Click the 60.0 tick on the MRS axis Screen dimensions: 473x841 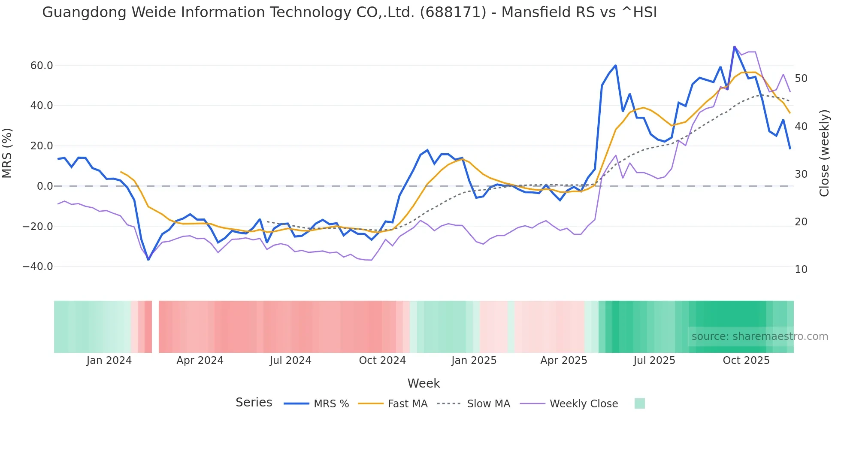click(x=42, y=66)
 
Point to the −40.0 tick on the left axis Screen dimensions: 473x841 click(x=38, y=267)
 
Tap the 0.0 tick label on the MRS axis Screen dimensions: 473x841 click(x=45, y=186)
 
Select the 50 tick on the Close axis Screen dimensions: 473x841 click(x=801, y=79)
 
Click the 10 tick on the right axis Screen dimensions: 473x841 click(x=801, y=270)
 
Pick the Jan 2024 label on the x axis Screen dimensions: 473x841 click(x=109, y=361)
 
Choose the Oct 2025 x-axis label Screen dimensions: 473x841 click(x=746, y=361)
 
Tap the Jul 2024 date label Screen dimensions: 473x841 click(x=290, y=361)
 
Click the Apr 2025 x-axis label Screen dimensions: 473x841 click(x=564, y=361)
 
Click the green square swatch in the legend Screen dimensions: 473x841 click(x=640, y=403)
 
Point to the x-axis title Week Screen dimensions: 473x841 click(x=424, y=383)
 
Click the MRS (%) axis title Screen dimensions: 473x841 click(x=7, y=153)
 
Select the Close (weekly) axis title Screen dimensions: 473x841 click(x=824, y=153)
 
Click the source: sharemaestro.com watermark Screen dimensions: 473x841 click(x=759, y=337)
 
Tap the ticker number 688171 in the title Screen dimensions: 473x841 click(x=453, y=12)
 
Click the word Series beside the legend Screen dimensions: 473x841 click(x=254, y=403)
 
